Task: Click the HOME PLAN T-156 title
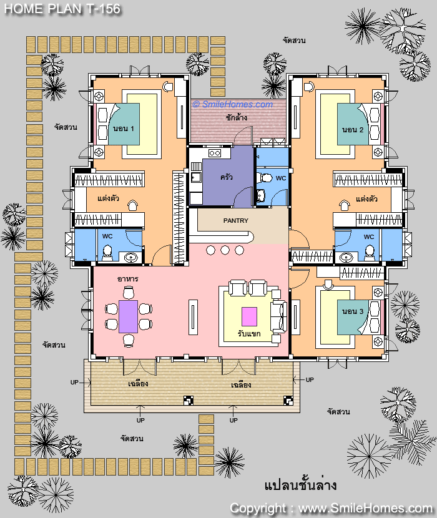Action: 62,9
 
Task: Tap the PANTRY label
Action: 236,220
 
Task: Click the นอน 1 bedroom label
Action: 124,129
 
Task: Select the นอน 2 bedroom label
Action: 352,130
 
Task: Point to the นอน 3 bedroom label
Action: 352,311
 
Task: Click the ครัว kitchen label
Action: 227,177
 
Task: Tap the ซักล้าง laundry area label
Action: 237,117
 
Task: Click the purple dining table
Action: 128,316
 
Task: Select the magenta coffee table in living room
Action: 249,316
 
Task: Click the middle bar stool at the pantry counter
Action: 225,250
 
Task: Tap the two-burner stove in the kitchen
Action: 215,153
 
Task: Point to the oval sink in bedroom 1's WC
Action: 132,257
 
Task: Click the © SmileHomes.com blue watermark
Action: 233,104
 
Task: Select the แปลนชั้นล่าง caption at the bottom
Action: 300,485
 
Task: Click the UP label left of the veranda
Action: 74,382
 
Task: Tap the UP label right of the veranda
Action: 310,380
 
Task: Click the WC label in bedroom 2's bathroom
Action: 369,237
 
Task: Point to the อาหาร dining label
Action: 127,279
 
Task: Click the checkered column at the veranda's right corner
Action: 288,401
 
